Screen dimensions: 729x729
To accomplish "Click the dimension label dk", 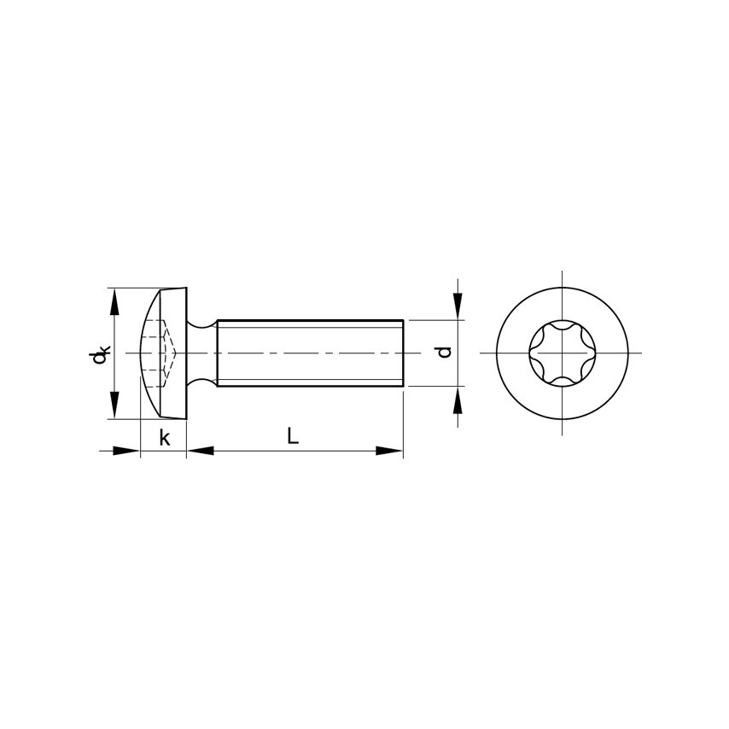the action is (x=99, y=354).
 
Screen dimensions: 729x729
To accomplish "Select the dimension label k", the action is (x=165, y=438).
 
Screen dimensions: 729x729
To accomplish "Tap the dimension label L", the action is (x=293, y=436).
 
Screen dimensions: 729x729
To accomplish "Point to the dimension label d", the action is (x=445, y=352).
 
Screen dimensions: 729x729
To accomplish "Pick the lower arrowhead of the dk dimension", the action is (x=114, y=405).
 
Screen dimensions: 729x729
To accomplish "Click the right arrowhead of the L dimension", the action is (x=389, y=451).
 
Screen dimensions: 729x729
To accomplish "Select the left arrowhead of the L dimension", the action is (x=200, y=451).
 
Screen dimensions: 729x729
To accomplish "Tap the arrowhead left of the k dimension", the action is (x=126, y=451).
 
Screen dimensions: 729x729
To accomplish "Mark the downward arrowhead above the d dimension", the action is (x=458, y=306).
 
